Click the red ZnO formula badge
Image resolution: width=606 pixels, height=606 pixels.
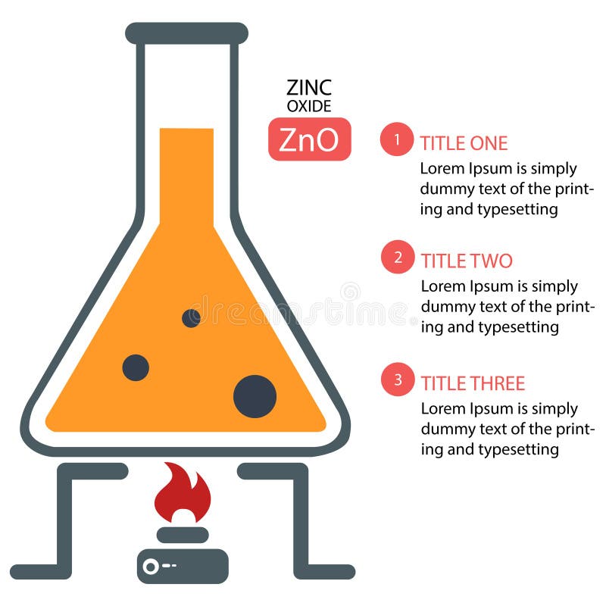(x=310, y=139)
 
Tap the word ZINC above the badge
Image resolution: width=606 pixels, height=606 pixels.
(x=309, y=87)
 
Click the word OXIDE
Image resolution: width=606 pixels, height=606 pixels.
(x=309, y=106)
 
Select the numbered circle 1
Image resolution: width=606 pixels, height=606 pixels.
(x=397, y=139)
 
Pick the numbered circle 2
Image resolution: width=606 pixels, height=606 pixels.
(x=398, y=257)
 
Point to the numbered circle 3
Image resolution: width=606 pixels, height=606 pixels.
(x=398, y=380)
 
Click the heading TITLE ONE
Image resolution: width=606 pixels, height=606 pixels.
(x=464, y=143)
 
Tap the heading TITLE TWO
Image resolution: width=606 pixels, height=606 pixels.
(x=467, y=261)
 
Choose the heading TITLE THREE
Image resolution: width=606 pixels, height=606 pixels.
(x=473, y=383)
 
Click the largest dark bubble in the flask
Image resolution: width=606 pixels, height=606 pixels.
(x=255, y=396)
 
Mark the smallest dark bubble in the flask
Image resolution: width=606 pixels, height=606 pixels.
(x=191, y=318)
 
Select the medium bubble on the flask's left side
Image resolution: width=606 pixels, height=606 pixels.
(x=136, y=367)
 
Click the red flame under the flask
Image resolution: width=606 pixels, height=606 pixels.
(x=183, y=493)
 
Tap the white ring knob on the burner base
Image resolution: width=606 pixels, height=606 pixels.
(x=151, y=567)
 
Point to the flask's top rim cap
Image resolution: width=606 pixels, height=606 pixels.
(x=186, y=33)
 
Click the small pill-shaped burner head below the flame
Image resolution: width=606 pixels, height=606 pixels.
(x=183, y=535)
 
